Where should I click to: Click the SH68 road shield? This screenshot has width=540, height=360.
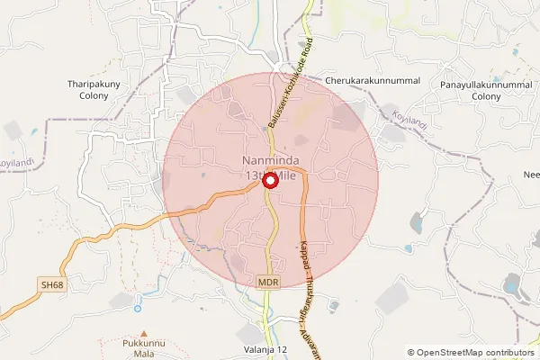(x=52, y=284)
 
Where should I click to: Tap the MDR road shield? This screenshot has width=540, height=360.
(x=268, y=282)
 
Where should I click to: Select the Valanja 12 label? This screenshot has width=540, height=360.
(x=265, y=349)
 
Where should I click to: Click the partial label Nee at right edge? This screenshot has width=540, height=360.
(x=531, y=175)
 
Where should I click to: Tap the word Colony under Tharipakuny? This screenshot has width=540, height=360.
(x=88, y=96)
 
